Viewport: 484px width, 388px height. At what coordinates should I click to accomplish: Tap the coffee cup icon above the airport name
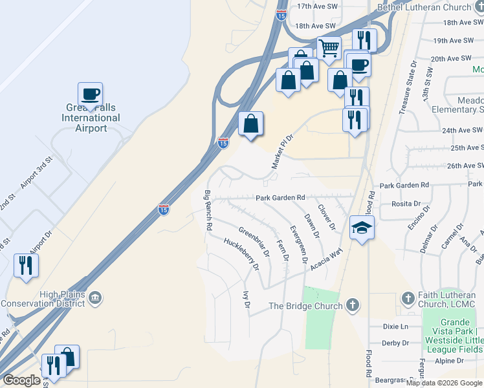tap(91, 94)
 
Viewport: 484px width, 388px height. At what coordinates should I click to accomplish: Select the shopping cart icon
tap(329, 48)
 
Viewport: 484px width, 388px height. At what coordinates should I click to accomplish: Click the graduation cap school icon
tap(362, 227)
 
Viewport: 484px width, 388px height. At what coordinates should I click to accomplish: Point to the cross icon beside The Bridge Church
tap(353, 305)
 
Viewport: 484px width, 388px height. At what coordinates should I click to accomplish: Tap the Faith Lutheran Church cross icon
tap(408, 298)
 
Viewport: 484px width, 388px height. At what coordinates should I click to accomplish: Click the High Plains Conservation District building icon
tap(95, 297)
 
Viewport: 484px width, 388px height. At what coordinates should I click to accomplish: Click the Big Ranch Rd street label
tap(208, 211)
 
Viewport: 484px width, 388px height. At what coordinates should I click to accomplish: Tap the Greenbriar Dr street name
tap(254, 239)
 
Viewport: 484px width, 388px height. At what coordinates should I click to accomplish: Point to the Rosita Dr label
tap(406, 204)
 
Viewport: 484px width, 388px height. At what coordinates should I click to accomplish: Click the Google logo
tap(22, 380)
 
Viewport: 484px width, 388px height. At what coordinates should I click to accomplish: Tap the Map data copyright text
tap(444, 383)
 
